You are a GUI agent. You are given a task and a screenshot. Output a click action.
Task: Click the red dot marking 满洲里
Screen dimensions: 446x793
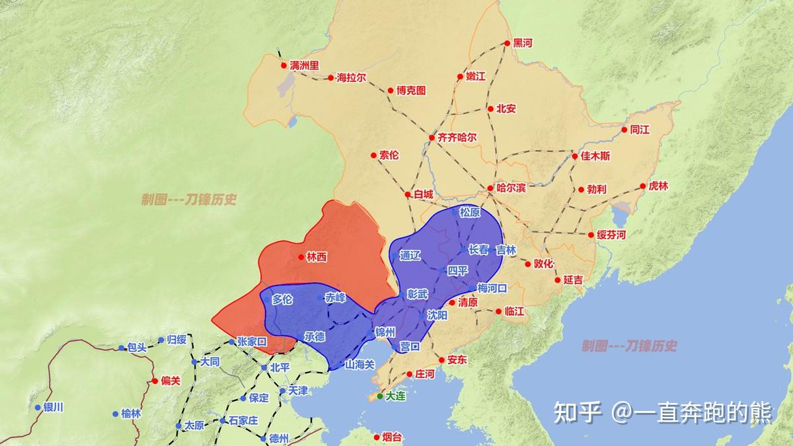[x=284, y=65]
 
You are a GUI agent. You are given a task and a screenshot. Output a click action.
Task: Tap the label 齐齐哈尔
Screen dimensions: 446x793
[x=457, y=137]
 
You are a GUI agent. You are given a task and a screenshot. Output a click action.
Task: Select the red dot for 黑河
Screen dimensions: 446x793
[x=508, y=43]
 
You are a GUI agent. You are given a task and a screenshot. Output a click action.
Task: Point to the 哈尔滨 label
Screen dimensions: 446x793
[x=511, y=188]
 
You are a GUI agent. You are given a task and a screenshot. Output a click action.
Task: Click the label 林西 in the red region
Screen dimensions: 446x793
[x=317, y=257]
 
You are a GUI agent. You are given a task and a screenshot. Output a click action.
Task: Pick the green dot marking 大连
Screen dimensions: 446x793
[x=380, y=396]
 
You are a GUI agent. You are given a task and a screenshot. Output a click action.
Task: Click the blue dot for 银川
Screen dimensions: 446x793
[x=38, y=408]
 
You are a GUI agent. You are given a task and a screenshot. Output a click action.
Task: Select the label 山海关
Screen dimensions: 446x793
[x=360, y=364]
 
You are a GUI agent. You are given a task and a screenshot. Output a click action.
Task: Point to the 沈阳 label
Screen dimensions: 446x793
[x=437, y=315]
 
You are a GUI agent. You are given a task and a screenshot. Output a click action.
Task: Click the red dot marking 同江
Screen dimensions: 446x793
[x=623, y=130]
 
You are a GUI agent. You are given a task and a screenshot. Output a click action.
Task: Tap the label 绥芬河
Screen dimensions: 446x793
[x=611, y=235]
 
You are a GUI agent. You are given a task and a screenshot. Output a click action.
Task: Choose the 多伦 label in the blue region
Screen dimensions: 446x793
[x=282, y=299]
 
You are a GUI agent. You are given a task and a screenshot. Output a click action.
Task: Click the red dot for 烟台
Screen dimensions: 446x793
[x=377, y=437]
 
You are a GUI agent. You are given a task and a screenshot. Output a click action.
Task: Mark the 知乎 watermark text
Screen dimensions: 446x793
[x=577, y=413]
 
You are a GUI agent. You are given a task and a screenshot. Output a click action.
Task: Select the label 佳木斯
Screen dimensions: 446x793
[x=595, y=156]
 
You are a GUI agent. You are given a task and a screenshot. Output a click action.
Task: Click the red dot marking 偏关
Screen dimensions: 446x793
[x=155, y=381]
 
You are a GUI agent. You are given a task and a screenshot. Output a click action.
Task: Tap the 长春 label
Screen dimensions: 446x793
[x=478, y=250]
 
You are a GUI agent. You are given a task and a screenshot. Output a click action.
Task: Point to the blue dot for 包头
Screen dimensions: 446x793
[x=122, y=348]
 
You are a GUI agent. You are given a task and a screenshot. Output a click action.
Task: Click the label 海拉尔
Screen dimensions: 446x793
[x=352, y=77]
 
